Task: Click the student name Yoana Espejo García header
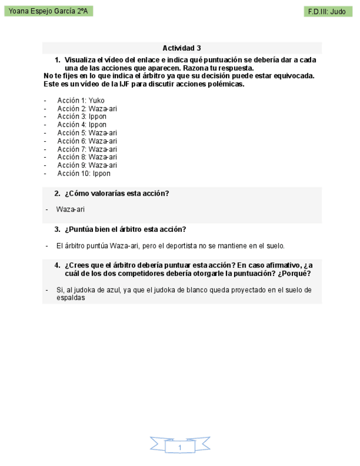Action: click(x=48, y=11)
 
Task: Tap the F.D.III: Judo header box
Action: click(x=328, y=12)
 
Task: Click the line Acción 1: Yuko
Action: click(x=80, y=101)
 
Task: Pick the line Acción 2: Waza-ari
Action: click(x=87, y=109)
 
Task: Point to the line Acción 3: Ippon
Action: click(x=82, y=116)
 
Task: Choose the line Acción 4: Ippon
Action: click(x=82, y=125)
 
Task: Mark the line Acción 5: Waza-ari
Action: click(x=87, y=133)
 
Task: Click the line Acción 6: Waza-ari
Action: click(x=87, y=141)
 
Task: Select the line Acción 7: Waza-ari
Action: click(x=87, y=149)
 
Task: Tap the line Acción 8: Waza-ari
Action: click(x=87, y=157)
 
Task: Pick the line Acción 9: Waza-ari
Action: click(x=87, y=165)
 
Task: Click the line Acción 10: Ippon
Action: click(x=84, y=174)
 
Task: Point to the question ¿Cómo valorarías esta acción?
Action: click(x=117, y=193)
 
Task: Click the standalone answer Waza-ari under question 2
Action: click(x=70, y=209)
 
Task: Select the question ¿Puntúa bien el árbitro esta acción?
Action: click(x=125, y=229)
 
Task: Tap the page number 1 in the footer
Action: click(x=180, y=448)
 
